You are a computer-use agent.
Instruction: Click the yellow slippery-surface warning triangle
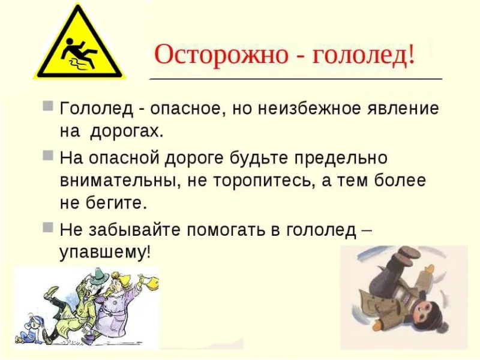click(79, 49)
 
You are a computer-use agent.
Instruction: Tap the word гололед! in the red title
click(364, 55)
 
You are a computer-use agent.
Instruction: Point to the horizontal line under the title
click(296, 79)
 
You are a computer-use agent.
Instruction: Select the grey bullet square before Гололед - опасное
click(48, 106)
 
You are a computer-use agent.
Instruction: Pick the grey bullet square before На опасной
click(48, 155)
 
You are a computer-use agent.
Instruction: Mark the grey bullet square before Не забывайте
click(48, 227)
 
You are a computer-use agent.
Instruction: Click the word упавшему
click(105, 253)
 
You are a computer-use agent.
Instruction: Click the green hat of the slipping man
click(101, 276)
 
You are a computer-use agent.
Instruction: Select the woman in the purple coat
click(117, 303)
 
